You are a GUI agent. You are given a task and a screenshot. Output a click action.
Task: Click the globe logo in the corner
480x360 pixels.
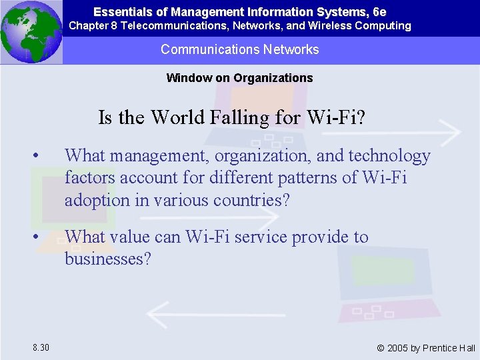[31, 31]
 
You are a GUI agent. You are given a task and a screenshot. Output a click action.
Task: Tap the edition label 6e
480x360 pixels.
[379, 12]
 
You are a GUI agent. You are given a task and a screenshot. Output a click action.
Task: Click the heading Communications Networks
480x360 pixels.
[240, 49]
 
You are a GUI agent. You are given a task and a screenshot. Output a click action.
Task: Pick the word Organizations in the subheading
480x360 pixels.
[273, 78]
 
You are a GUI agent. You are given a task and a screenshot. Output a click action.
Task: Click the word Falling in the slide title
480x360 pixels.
[239, 117]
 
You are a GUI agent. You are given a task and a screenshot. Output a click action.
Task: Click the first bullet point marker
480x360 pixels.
[41, 157]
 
